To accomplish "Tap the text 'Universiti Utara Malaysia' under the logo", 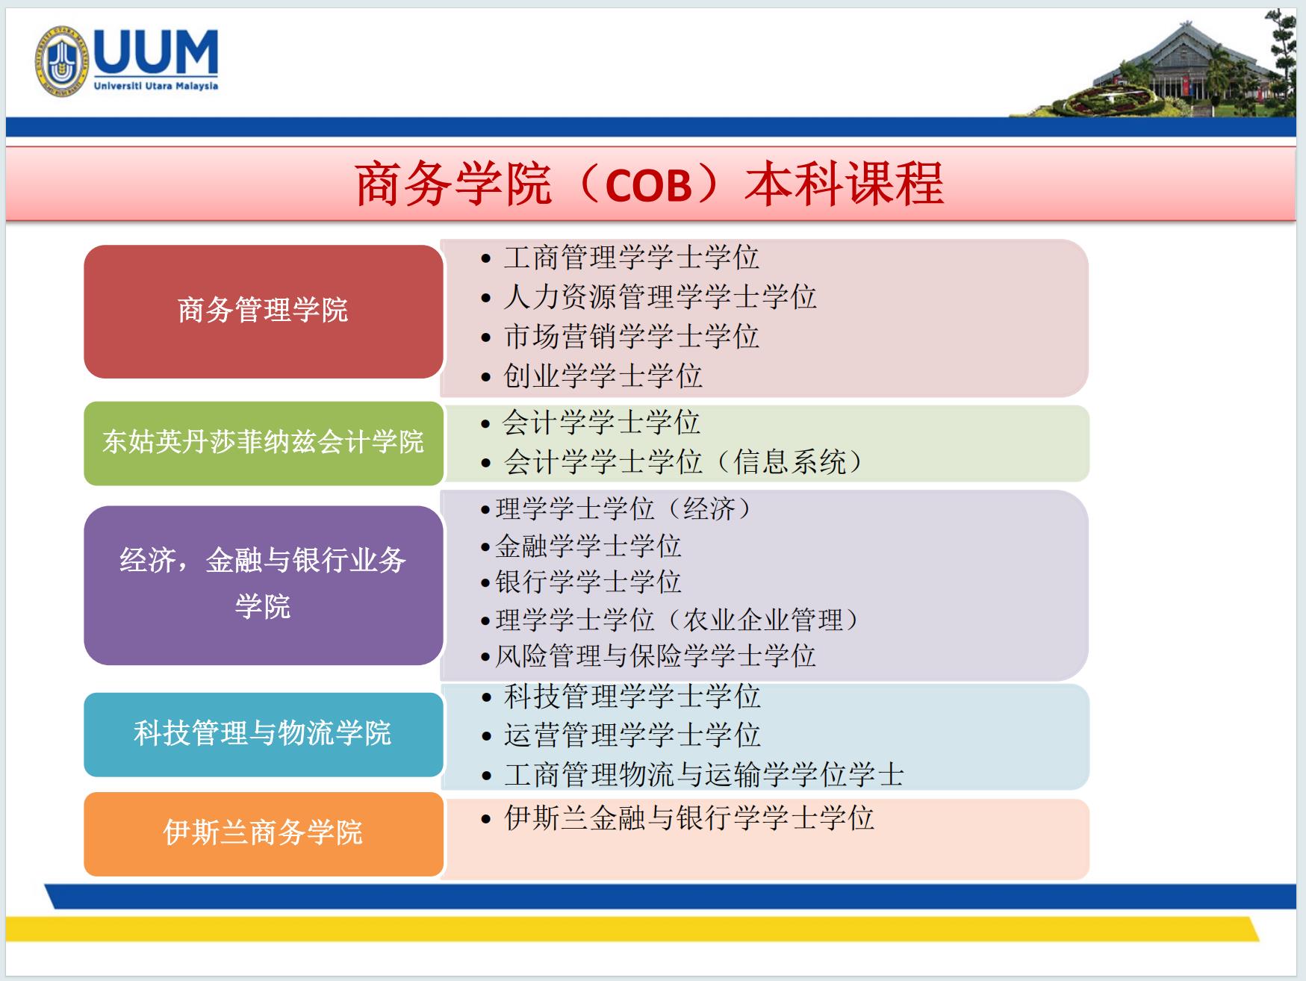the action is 156,86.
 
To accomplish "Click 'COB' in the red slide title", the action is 648,184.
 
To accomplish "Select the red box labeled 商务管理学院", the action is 264,311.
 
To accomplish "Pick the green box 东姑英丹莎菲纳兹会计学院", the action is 264,443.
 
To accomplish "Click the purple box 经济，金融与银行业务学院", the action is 264,585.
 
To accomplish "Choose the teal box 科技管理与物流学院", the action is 264,735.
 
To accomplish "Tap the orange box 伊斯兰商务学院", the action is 264,834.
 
